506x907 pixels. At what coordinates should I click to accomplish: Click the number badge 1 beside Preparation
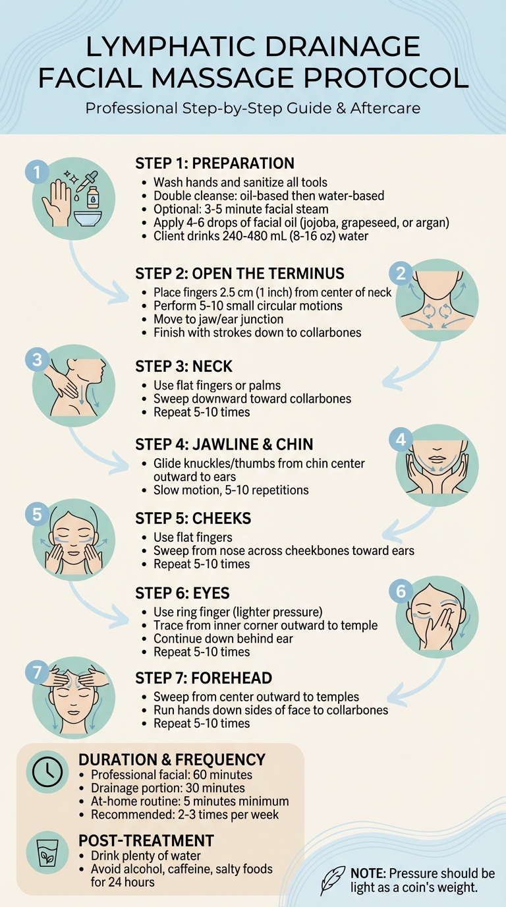pos(37,173)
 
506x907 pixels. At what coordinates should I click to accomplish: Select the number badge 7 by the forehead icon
pos(37,673)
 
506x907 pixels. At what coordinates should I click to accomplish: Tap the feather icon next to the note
pos(332,880)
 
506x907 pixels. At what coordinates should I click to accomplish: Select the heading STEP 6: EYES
pos(183,593)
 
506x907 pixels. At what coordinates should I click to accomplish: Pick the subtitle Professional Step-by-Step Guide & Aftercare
pos(253,107)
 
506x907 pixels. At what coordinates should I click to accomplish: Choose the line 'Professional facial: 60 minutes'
pos(171,775)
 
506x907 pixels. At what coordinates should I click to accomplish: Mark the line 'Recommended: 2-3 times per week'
pos(184,815)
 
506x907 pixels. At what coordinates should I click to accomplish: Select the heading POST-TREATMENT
pos(146,840)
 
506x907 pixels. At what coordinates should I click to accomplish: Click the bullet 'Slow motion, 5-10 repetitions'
pos(231,490)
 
